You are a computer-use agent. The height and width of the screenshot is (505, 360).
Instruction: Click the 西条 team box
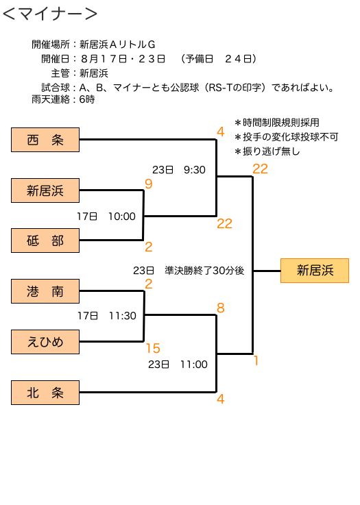45,140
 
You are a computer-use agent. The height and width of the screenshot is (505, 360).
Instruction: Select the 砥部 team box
45,241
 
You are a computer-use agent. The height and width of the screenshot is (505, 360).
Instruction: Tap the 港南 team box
45,291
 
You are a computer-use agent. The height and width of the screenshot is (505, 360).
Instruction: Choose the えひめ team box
45,342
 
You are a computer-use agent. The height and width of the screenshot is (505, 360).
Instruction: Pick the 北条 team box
45,393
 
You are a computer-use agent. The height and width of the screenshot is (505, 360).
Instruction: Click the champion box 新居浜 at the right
315,271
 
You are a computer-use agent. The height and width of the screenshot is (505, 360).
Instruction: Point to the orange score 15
153,349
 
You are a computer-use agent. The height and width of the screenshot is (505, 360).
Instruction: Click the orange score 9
149,184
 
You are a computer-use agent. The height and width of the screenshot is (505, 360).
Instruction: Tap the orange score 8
220,308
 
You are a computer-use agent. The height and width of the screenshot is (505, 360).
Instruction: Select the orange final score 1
256,360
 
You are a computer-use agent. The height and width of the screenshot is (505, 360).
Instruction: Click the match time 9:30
194,170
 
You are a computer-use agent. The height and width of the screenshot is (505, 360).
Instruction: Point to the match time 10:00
122,217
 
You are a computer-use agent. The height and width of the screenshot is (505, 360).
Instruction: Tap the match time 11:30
123,316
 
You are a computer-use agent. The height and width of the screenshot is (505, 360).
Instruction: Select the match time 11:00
193,365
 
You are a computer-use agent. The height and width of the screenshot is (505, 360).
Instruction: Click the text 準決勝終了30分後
204,271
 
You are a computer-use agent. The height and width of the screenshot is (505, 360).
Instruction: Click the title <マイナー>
50,14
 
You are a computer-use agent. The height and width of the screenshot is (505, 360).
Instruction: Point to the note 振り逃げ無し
267,151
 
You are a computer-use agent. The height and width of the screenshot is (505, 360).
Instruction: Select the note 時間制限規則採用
277,123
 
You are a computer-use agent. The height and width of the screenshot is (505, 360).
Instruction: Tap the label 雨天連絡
51,99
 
